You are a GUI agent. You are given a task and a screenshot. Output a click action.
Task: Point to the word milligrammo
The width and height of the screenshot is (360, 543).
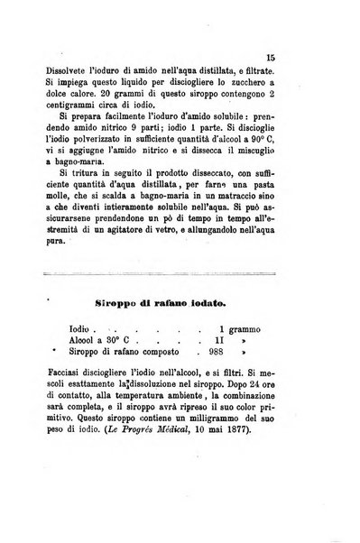(x=226, y=426)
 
